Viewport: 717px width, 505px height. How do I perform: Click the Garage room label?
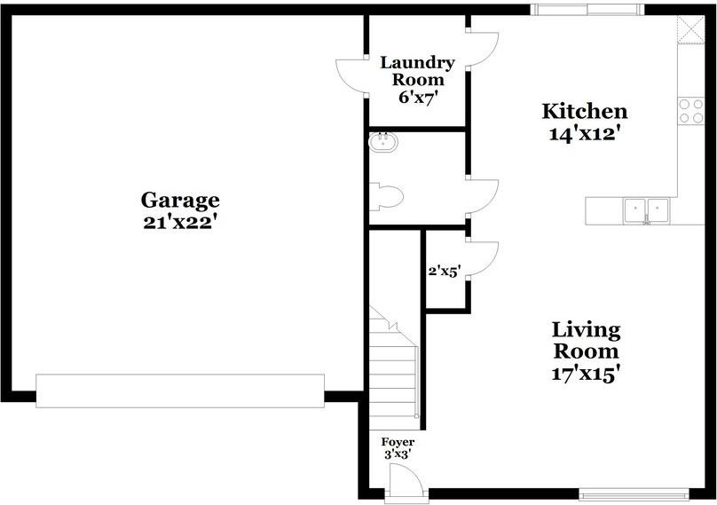pos(180,201)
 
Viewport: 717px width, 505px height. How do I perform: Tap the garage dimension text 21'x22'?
pos(180,223)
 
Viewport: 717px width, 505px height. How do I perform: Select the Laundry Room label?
pos(417,71)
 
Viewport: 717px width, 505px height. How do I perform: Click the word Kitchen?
pos(585,112)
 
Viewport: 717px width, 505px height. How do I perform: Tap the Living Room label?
pos(585,340)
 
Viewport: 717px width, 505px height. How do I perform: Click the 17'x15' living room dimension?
pos(584,373)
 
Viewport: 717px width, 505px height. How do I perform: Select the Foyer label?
pos(398,442)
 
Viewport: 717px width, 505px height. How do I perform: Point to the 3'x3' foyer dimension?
pos(398,454)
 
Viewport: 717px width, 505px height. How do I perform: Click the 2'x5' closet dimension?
pos(444,272)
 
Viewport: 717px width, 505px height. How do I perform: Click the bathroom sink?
pos(384,141)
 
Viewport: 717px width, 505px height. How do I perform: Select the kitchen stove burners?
pos(691,110)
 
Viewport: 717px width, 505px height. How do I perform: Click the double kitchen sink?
pos(646,210)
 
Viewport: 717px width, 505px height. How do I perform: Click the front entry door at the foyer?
pos(406,486)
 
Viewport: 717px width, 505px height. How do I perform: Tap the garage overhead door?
pos(180,391)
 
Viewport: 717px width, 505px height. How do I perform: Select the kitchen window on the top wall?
pos(587,10)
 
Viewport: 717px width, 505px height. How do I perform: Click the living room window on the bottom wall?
pos(634,494)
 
